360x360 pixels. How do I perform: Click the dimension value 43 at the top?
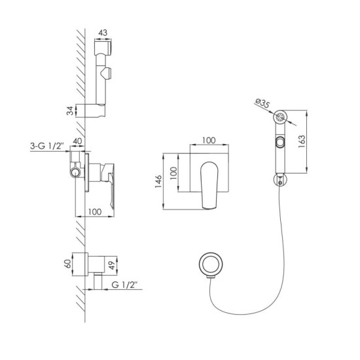103,33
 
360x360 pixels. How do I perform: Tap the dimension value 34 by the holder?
71,111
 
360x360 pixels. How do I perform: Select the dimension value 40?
77,141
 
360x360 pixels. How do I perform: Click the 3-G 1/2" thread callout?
47,146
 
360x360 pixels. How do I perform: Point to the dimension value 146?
158,181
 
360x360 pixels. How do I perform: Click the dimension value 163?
302,141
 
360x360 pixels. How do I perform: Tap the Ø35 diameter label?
262,103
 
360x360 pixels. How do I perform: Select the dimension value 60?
68,264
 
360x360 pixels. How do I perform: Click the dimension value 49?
113,266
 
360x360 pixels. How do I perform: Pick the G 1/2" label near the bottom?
124,285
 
